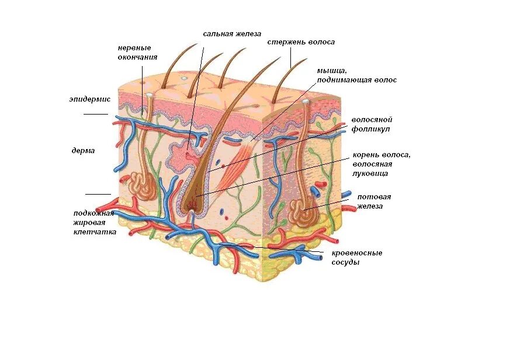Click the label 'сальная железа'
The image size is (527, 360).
pyautogui.click(x=232, y=33)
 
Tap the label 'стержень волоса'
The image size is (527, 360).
pyautogui.click(x=301, y=42)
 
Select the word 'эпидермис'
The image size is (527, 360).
pyautogui.click(x=89, y=99)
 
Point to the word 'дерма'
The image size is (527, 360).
pyautogui.click(x=83, y=150)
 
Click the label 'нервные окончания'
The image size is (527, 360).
pyautogui.click(x=137, y=53)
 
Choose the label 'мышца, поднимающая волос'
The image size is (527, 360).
pyautogui.click(x=356, y=75)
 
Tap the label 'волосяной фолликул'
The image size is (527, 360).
pyautogui.click(x=371, y=124)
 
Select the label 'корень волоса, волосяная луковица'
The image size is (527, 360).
pyautogui.click(x=382, y=164)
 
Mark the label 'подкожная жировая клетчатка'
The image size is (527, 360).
pyautogui.click(x=94, y=223)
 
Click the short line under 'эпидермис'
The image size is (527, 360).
pyautogui.click(x=95, y=114)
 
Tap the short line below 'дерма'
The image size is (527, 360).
pyautogui.click(x=98, y=194)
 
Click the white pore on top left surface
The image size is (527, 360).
pyautogui.click(x=150, y=95)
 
